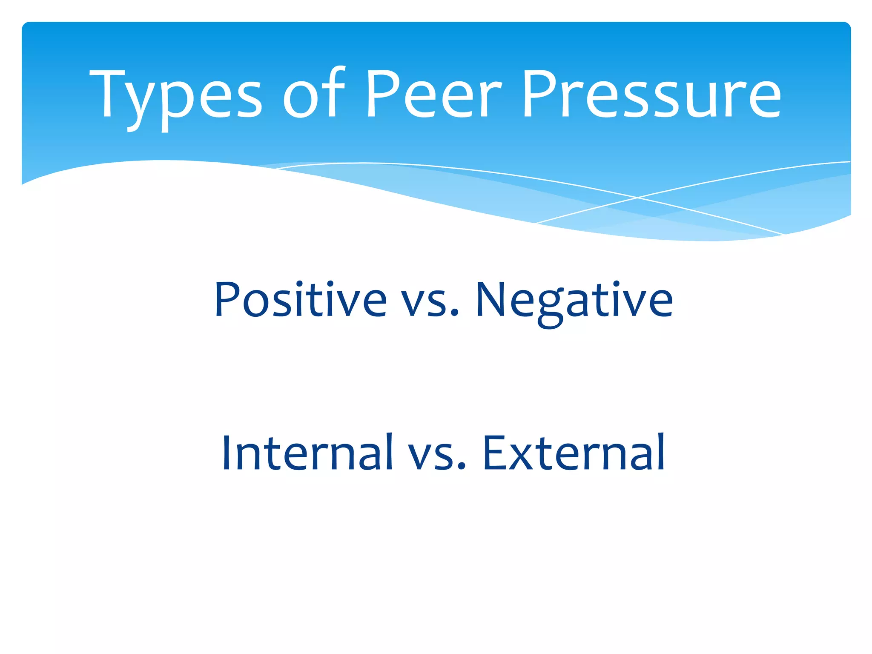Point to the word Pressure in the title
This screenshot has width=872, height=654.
(652, 94)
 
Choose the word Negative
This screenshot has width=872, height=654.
(574, 300)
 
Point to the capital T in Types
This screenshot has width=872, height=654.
(106, 94)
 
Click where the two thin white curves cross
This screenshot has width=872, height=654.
(637, 198)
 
